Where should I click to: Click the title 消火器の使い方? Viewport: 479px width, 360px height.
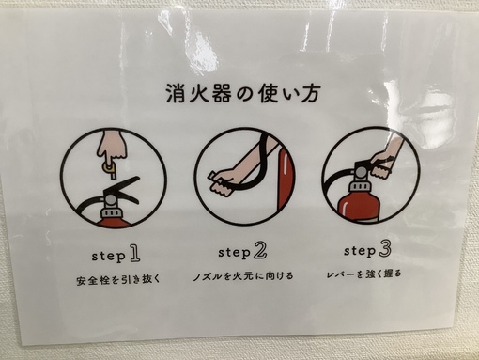click(243, 93)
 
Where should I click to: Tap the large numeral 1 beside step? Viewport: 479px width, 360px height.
click(134, 254)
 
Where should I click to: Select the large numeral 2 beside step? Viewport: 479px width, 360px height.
click(260, 250)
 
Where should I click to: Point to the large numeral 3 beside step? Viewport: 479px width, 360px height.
click(384, 249)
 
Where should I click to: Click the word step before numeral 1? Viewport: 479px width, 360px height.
click(108, 257)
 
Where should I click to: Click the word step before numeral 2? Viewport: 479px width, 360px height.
click(235, 253)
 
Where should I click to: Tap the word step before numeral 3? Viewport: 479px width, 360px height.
click(360, 251)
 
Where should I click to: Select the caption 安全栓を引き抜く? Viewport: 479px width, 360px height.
click(118, 279)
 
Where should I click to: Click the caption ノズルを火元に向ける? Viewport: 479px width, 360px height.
click(243, 276)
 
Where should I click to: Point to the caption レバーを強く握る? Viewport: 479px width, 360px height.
click(363, 274)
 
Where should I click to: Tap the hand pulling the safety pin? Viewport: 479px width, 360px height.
click(113, 147)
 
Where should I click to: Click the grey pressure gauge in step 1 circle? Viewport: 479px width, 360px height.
click(111, 199)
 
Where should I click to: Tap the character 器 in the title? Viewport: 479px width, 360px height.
click(220, 93)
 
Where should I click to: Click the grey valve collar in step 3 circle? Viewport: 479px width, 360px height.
click(360, 186)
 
